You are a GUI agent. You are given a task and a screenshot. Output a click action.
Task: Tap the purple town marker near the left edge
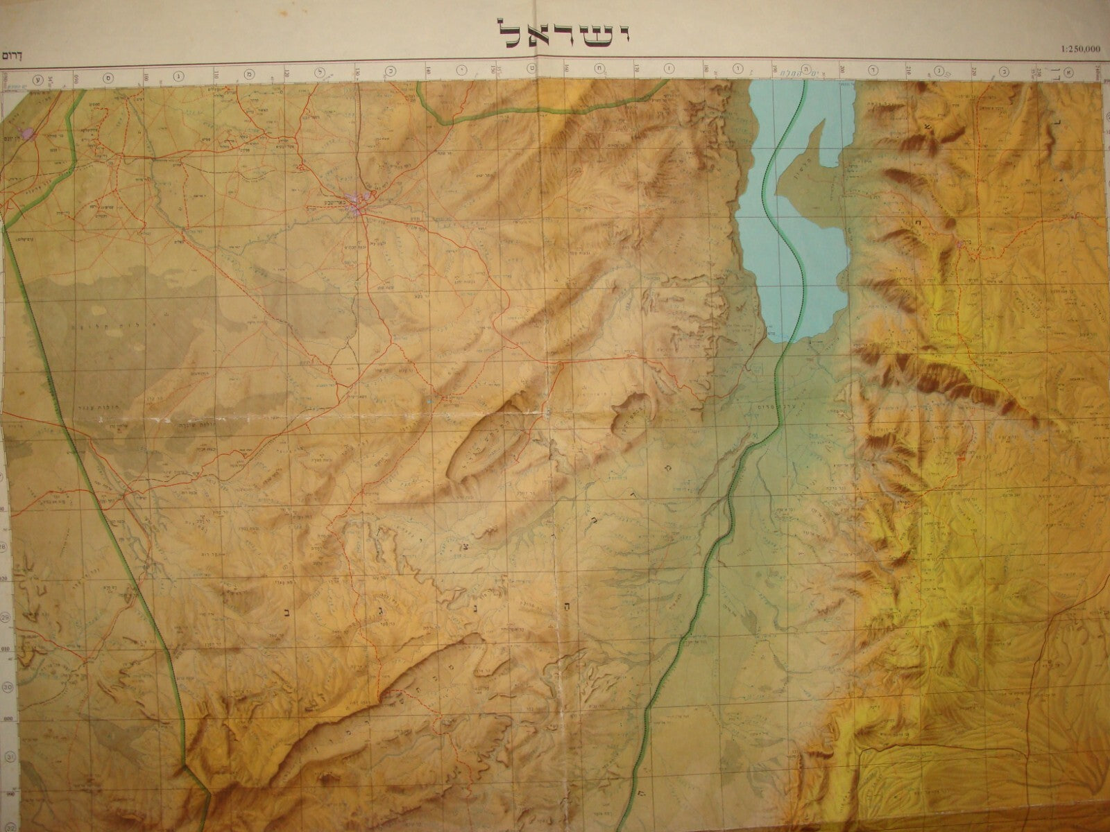click(x=26, y=132)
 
